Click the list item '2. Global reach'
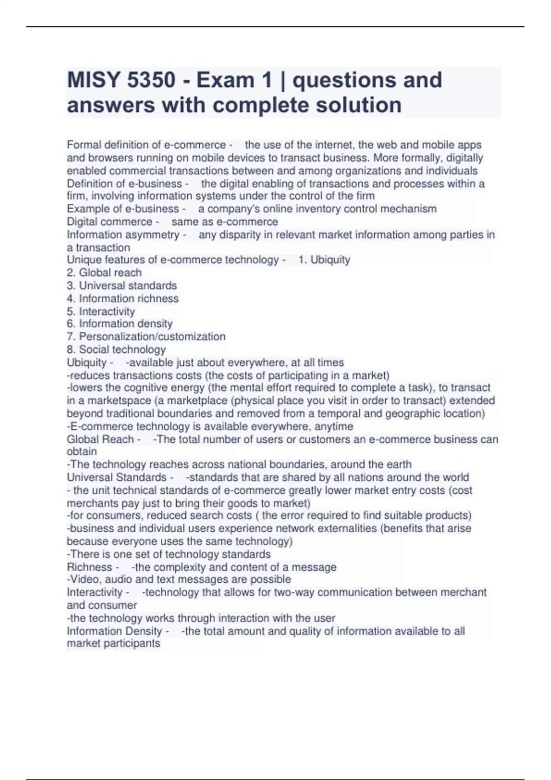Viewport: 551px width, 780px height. click(104, 273)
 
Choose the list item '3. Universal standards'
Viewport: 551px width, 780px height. click(122, 285)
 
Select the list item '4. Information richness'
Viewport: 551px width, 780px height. click(123, 298)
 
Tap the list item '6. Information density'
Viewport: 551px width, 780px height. click(119, 324)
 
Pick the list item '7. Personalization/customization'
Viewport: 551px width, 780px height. click(146, 337)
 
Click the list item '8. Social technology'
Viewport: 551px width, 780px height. click(116, 350)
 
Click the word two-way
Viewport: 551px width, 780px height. click(294, 592)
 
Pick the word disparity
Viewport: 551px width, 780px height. click(245, 234)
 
